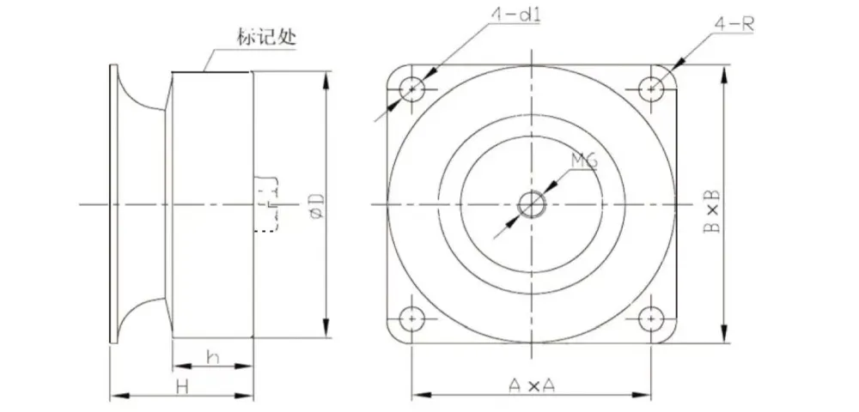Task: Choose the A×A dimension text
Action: (532, 385)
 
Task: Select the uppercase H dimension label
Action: (182, 386)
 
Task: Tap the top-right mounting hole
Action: (652, 88)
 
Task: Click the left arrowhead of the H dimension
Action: (115, 396)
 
